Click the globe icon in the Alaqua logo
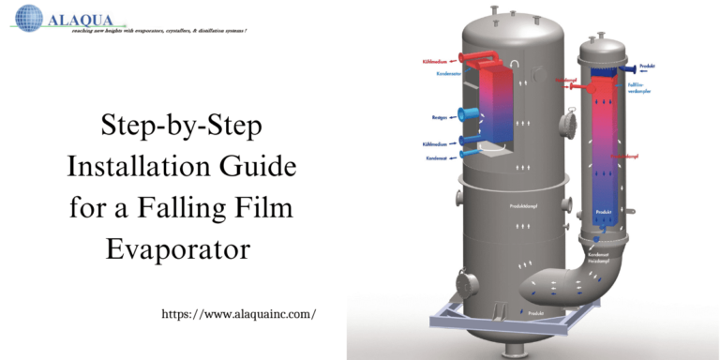pos(29,18)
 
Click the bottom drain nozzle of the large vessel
pos(517,350)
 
